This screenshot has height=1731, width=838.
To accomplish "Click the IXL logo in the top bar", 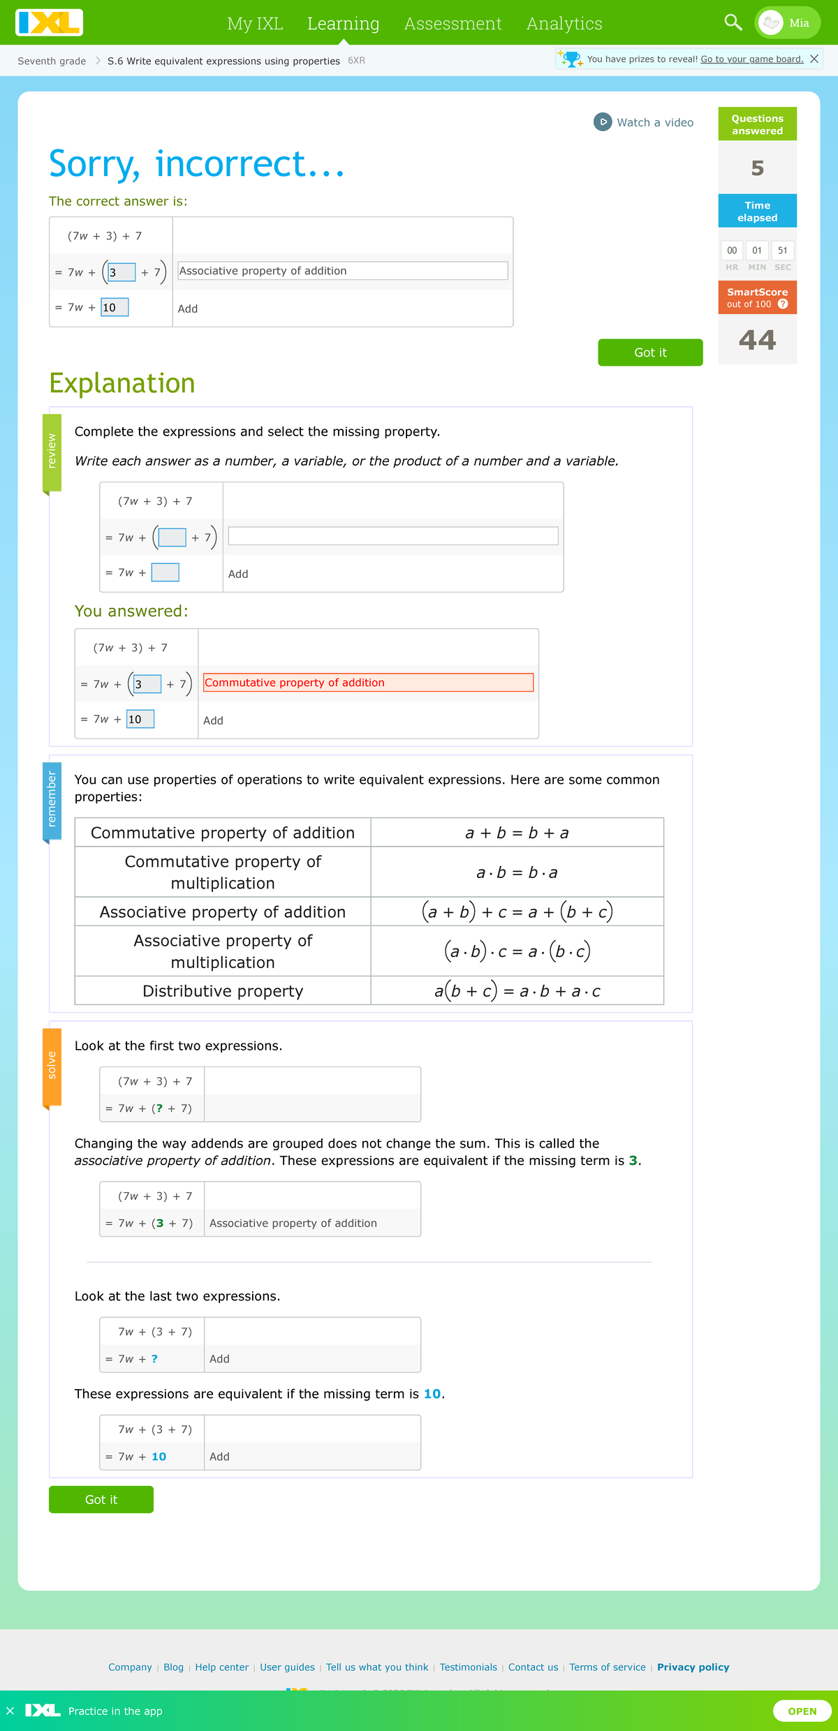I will [x=49, y=22].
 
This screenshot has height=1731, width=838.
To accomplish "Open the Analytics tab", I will [x=564, y=24].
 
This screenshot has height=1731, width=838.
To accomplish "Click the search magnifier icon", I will [x=733, y=22].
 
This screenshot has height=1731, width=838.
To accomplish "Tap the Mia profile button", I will [x=787, y=23].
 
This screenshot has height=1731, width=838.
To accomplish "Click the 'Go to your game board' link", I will [x=751, y=59].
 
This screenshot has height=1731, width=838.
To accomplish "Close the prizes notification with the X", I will [x=814, y=59].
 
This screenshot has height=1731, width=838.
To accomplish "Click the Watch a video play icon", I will [x=603, y=122].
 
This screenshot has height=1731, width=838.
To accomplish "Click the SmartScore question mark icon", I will [x=783, y=304].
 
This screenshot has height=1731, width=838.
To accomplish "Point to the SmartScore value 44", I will [x=757, y=340].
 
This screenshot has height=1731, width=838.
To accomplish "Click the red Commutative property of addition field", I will [x=368, y=683].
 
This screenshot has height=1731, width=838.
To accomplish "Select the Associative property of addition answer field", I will [x=342, y=271].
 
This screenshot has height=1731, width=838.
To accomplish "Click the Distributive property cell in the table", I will [x=223, y=991].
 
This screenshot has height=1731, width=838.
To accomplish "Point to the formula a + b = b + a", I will [x=517, y=833].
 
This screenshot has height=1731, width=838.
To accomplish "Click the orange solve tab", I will [x=52, y=1066].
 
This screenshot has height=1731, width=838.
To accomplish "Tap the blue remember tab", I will [x=52, y=799].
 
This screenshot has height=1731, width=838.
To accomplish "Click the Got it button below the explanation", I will [x=101, y=1500].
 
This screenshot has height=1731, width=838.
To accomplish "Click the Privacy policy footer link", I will [x=693, y=1667].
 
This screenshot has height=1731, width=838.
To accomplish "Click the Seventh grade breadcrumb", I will [x=52, y=61].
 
